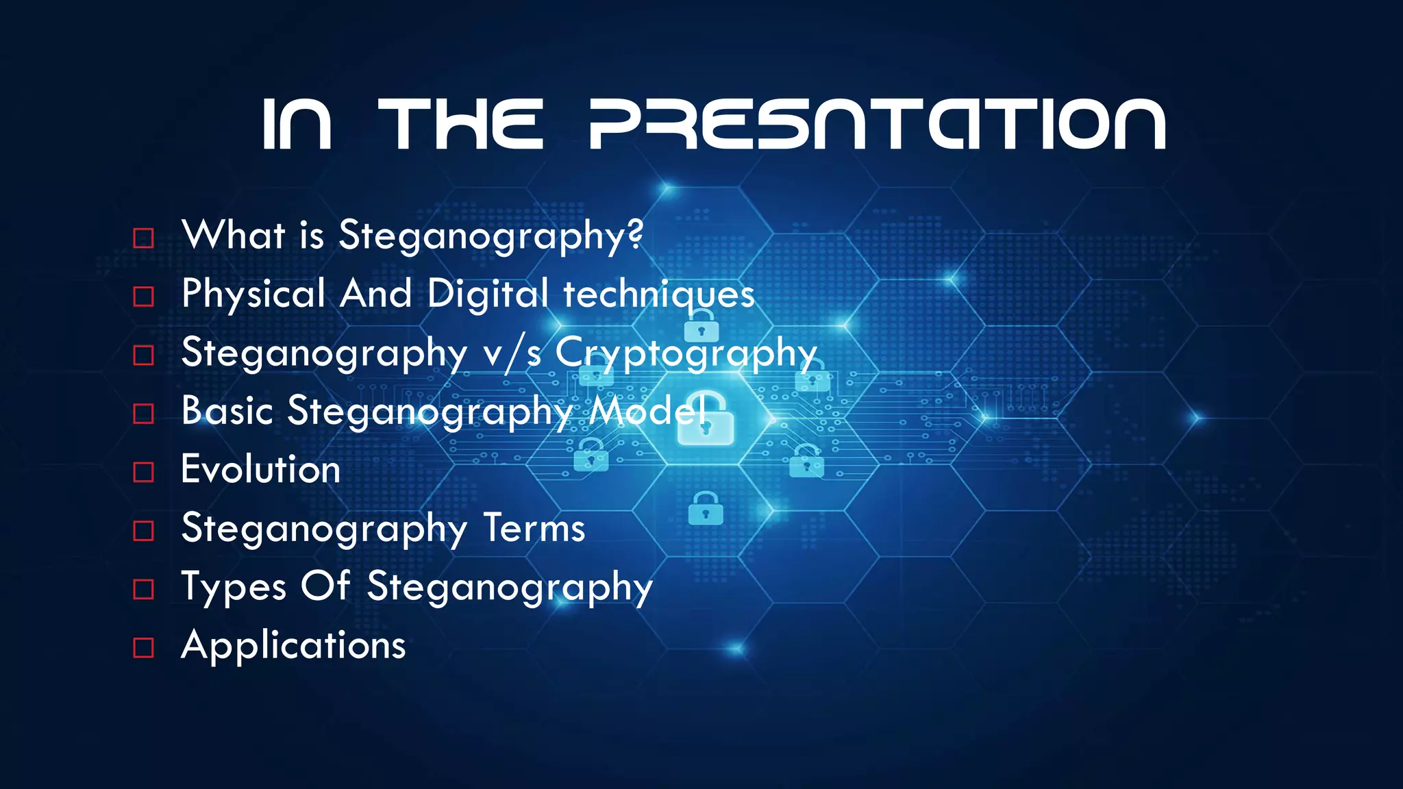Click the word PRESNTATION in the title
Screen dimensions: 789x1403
pyautogui.click(x=877, y=124)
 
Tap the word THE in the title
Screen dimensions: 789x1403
pyautogui.click(x=461, y=124)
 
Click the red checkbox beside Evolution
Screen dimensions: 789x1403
pyautogui.click(x=143, y=472)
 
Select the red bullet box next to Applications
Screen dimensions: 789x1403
pyautogui.click(x=143, y=647)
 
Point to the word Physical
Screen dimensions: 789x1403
pyautogui.click(x=253, y=295)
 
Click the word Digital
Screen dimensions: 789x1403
pyautogui.click(x=488, y=295)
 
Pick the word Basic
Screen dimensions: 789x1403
pyautogui.click(x=227, y=411)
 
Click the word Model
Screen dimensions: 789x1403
pyautogui.click(x=648, y=411)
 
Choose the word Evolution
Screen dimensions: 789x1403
pyautogui.click(x=260, y=470)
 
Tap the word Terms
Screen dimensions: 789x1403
pyautogui.click(x=534, y=529)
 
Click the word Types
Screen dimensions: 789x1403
pyautogui.click(x=234, y=588)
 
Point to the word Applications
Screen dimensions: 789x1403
pyautogui.click(x=293, y=646)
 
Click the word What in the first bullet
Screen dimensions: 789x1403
pyautogui.click(x=234, y=235)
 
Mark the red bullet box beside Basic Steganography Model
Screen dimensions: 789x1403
pyautogui.click(x=143, y=414)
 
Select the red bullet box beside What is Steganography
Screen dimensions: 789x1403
pyautogui.click(x=143, y=238)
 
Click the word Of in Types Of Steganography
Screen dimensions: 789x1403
pyautogui.click(x=325, y=586)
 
